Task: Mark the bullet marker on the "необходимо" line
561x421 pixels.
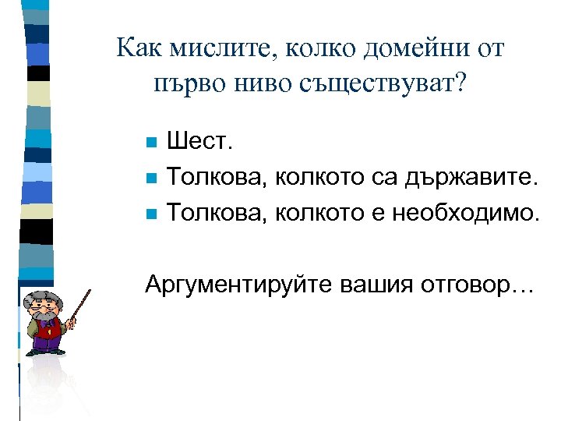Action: point(152,211)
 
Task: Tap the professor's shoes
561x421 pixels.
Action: point(45,352)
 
